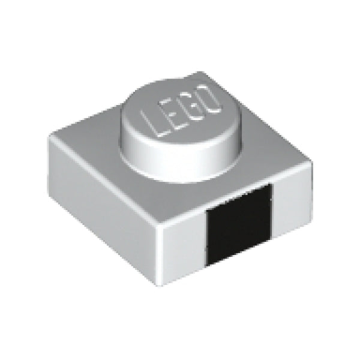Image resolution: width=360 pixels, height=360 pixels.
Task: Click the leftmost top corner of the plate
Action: (x=50, y=137)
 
